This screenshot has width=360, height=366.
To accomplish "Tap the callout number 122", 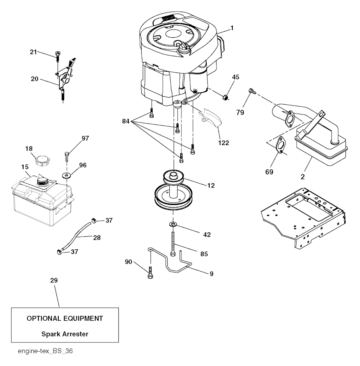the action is point(224,143).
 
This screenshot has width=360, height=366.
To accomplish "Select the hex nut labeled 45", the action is point(225,97).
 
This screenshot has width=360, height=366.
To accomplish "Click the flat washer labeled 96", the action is point(67,175).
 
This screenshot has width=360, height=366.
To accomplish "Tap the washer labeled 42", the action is point(173,224).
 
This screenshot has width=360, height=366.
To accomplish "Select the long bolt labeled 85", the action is point(173,244).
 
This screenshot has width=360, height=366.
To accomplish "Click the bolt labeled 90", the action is point(150,273).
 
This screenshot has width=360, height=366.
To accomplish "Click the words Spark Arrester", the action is point(65,334).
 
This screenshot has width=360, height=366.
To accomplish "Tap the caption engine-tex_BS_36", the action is point(45,351).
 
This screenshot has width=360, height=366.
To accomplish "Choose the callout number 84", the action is point(126,121).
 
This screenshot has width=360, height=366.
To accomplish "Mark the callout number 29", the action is point(54,280).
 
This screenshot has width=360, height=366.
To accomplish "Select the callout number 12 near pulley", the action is point(211,185).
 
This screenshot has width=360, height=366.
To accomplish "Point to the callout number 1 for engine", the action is point(232,28).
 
